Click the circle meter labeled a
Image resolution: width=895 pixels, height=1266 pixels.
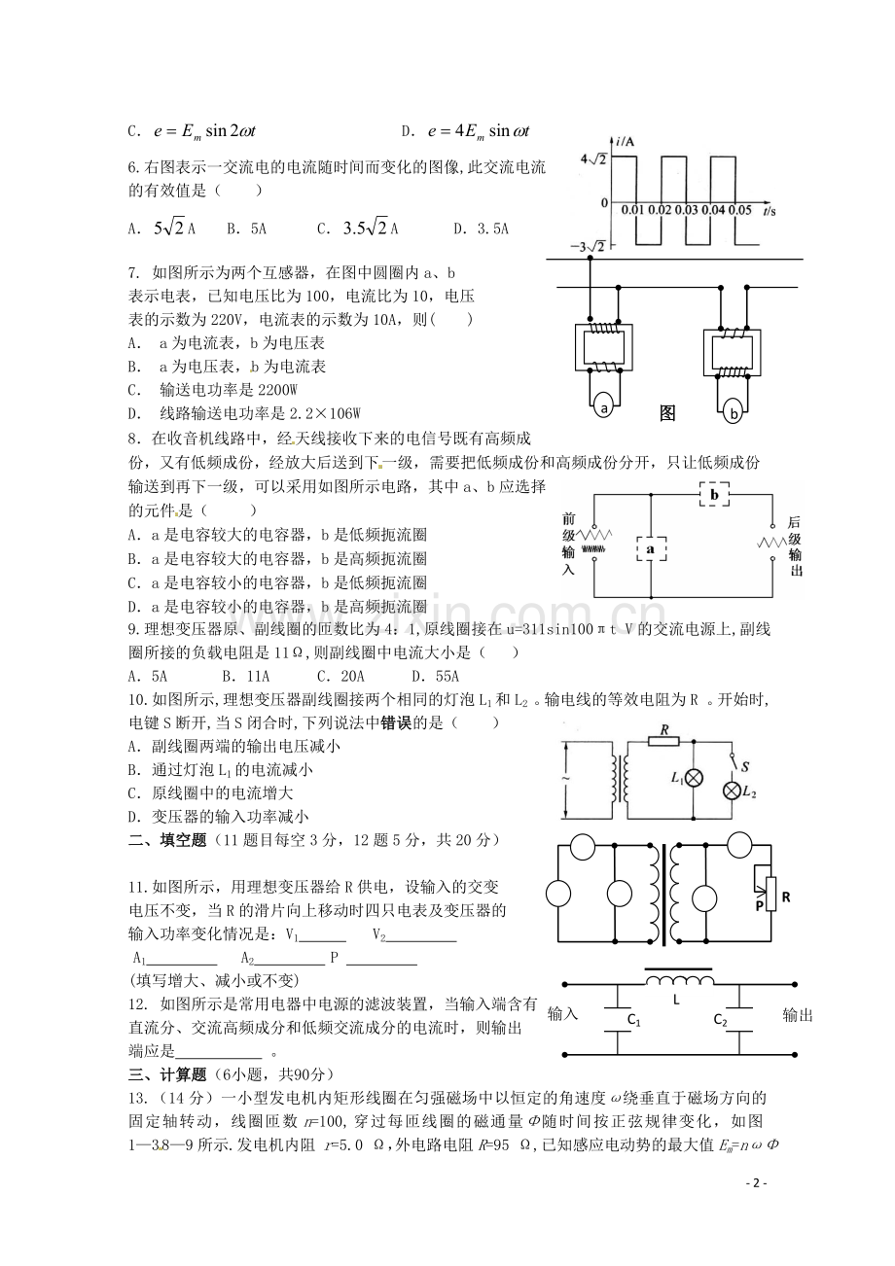point(604,408)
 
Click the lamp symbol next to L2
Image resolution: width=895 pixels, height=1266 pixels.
point(731,791)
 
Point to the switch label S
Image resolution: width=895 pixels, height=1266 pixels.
point(744,767)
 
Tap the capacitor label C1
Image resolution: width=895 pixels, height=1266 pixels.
point(633,1021)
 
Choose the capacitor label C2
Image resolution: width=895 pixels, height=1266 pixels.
point(720,1020)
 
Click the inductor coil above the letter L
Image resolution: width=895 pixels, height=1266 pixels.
point(676,979)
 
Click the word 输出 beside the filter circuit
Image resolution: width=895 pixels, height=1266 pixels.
point(798,1015)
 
